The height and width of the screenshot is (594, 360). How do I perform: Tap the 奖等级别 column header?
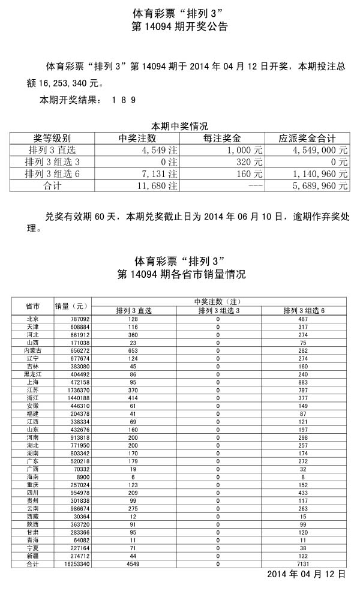pos(52,139)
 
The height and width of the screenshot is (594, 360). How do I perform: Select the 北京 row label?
pos(33,319)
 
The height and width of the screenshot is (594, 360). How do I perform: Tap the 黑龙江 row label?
pos(33,374)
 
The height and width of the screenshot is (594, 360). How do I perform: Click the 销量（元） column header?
pos(71,305)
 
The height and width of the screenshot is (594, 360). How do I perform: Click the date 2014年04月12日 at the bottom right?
pos(306,575)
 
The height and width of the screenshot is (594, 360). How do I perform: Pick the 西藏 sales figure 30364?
pos(80,516)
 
